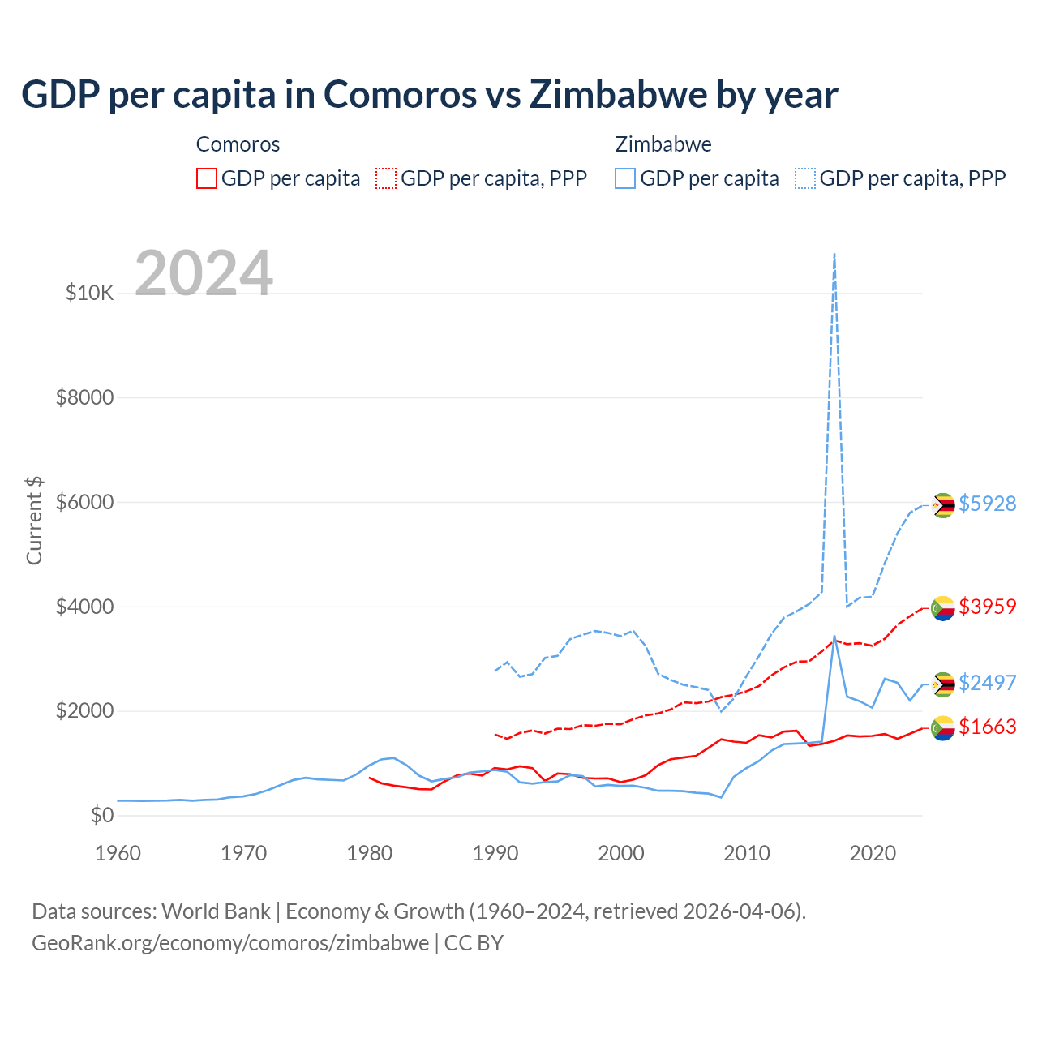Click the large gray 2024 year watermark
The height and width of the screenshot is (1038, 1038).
point(204,273)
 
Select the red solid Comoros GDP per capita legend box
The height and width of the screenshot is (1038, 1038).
point(207,178)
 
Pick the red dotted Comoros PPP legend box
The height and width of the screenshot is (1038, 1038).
point(386,178)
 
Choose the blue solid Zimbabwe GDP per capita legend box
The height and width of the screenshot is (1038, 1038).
point(625,178)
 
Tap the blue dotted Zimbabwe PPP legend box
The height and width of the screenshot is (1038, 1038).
point(805,178)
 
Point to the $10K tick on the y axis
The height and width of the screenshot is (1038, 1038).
point(89,293)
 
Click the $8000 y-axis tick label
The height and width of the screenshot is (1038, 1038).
point(84,397)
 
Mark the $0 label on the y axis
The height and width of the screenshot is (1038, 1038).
point(101,815)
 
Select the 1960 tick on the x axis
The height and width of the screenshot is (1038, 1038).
point(118,853)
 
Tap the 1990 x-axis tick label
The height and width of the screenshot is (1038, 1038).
point(495,853)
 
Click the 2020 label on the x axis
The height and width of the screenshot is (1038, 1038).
point(873,853)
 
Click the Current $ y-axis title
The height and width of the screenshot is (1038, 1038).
point(34,520)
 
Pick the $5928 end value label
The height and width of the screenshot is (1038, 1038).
point(987,504)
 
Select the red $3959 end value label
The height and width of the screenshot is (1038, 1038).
point(987,607)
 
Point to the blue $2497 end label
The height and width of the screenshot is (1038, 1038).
point(987,683)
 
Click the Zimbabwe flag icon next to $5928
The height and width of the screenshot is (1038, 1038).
point(942,505)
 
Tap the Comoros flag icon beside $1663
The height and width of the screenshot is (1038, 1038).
point(942,728)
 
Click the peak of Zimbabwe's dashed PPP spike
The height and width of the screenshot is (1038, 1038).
point(834,254)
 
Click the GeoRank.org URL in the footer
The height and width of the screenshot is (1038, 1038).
point(230,943)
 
